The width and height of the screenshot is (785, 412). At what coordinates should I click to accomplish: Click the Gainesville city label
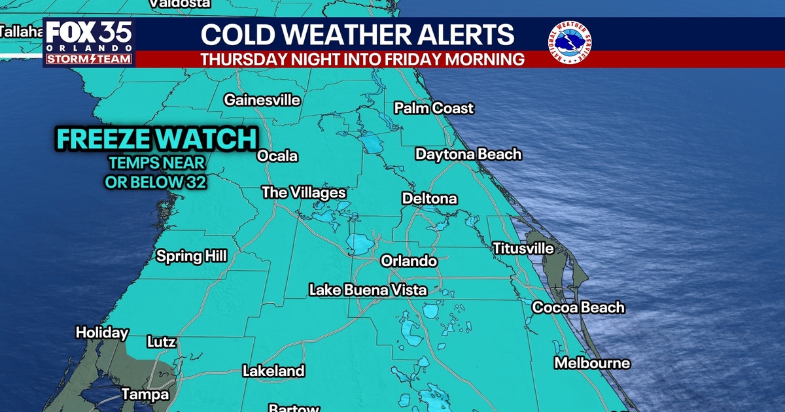[x=262, y=100]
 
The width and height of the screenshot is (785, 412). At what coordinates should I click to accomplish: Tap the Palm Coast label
[x=434, y=108]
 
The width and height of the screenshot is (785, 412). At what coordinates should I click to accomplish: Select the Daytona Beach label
[x=468, y=154]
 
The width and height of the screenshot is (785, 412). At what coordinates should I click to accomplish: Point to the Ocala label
[x=277, y=156]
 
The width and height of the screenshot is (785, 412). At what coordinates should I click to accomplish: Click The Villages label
[x=304, y=193]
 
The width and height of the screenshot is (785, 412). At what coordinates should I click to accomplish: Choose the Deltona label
[x=429, y=198]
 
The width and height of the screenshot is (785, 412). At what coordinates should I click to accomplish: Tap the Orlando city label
[x=409, y=261]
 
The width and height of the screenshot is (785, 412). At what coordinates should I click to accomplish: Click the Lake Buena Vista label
[x=368, y=290]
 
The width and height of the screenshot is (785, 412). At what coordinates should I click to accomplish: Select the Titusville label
[x=523, y=249]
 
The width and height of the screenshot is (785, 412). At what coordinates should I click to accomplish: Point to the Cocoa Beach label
[x=578, y=307]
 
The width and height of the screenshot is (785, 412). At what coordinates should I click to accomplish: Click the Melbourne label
[x=592, y=363]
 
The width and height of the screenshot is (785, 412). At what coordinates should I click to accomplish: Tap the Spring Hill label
[x=191, y=256]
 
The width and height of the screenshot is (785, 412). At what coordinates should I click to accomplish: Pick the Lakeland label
[x=273, y=371]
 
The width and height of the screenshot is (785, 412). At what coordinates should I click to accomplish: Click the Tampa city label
[x=145, y=394]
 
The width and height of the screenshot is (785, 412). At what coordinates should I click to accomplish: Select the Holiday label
[x=102, y=332]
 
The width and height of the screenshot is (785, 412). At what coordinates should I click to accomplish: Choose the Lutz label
[x=161, y=341]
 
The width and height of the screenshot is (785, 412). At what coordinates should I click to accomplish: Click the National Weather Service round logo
[x=569, y=43]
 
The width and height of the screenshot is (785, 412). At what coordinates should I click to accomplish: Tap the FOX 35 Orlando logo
[x=89, y=43]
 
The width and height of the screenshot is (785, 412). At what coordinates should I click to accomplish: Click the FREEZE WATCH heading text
[x=156, y=139]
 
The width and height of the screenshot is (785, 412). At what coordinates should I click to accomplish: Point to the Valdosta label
[x=180, y=3]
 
